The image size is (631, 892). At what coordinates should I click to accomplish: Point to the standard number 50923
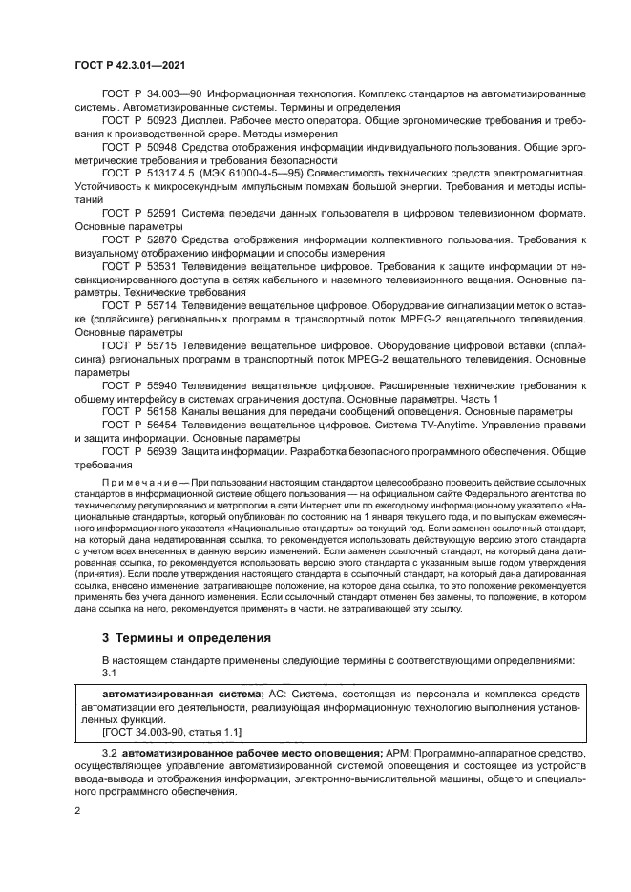[x=161, y=122]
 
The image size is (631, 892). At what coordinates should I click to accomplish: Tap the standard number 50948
[x=161, y=149]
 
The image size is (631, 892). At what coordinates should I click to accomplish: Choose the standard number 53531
[x=161, y=268]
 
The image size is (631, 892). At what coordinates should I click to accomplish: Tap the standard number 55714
[x=161, y=307]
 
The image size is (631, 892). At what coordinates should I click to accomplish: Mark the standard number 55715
[x=161, y=347]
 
